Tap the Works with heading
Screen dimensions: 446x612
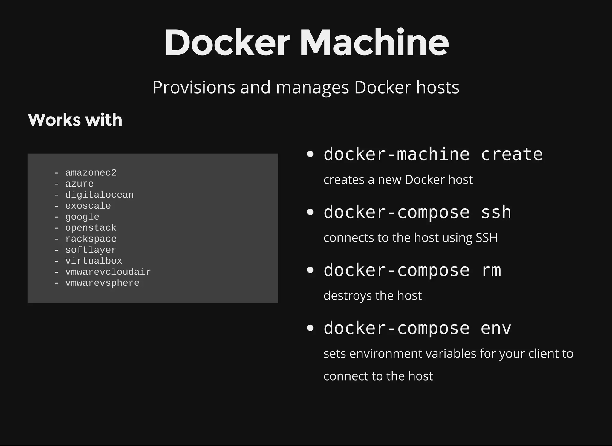75,120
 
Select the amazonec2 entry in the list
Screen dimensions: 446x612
91,173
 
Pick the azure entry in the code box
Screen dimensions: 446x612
79,184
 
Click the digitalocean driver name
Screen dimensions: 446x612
100,195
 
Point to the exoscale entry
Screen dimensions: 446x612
88,206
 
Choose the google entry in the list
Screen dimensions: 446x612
82,217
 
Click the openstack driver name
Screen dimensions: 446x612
91,228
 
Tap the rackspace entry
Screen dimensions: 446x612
91,239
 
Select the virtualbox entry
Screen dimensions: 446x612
94,261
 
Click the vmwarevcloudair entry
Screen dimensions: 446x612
108,272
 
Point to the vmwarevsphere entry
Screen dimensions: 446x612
102,283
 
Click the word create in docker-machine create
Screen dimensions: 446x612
512,154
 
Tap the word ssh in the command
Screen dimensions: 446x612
496,212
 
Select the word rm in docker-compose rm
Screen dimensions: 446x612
491,270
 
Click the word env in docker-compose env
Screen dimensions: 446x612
496,328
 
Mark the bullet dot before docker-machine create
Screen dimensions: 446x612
310,154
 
